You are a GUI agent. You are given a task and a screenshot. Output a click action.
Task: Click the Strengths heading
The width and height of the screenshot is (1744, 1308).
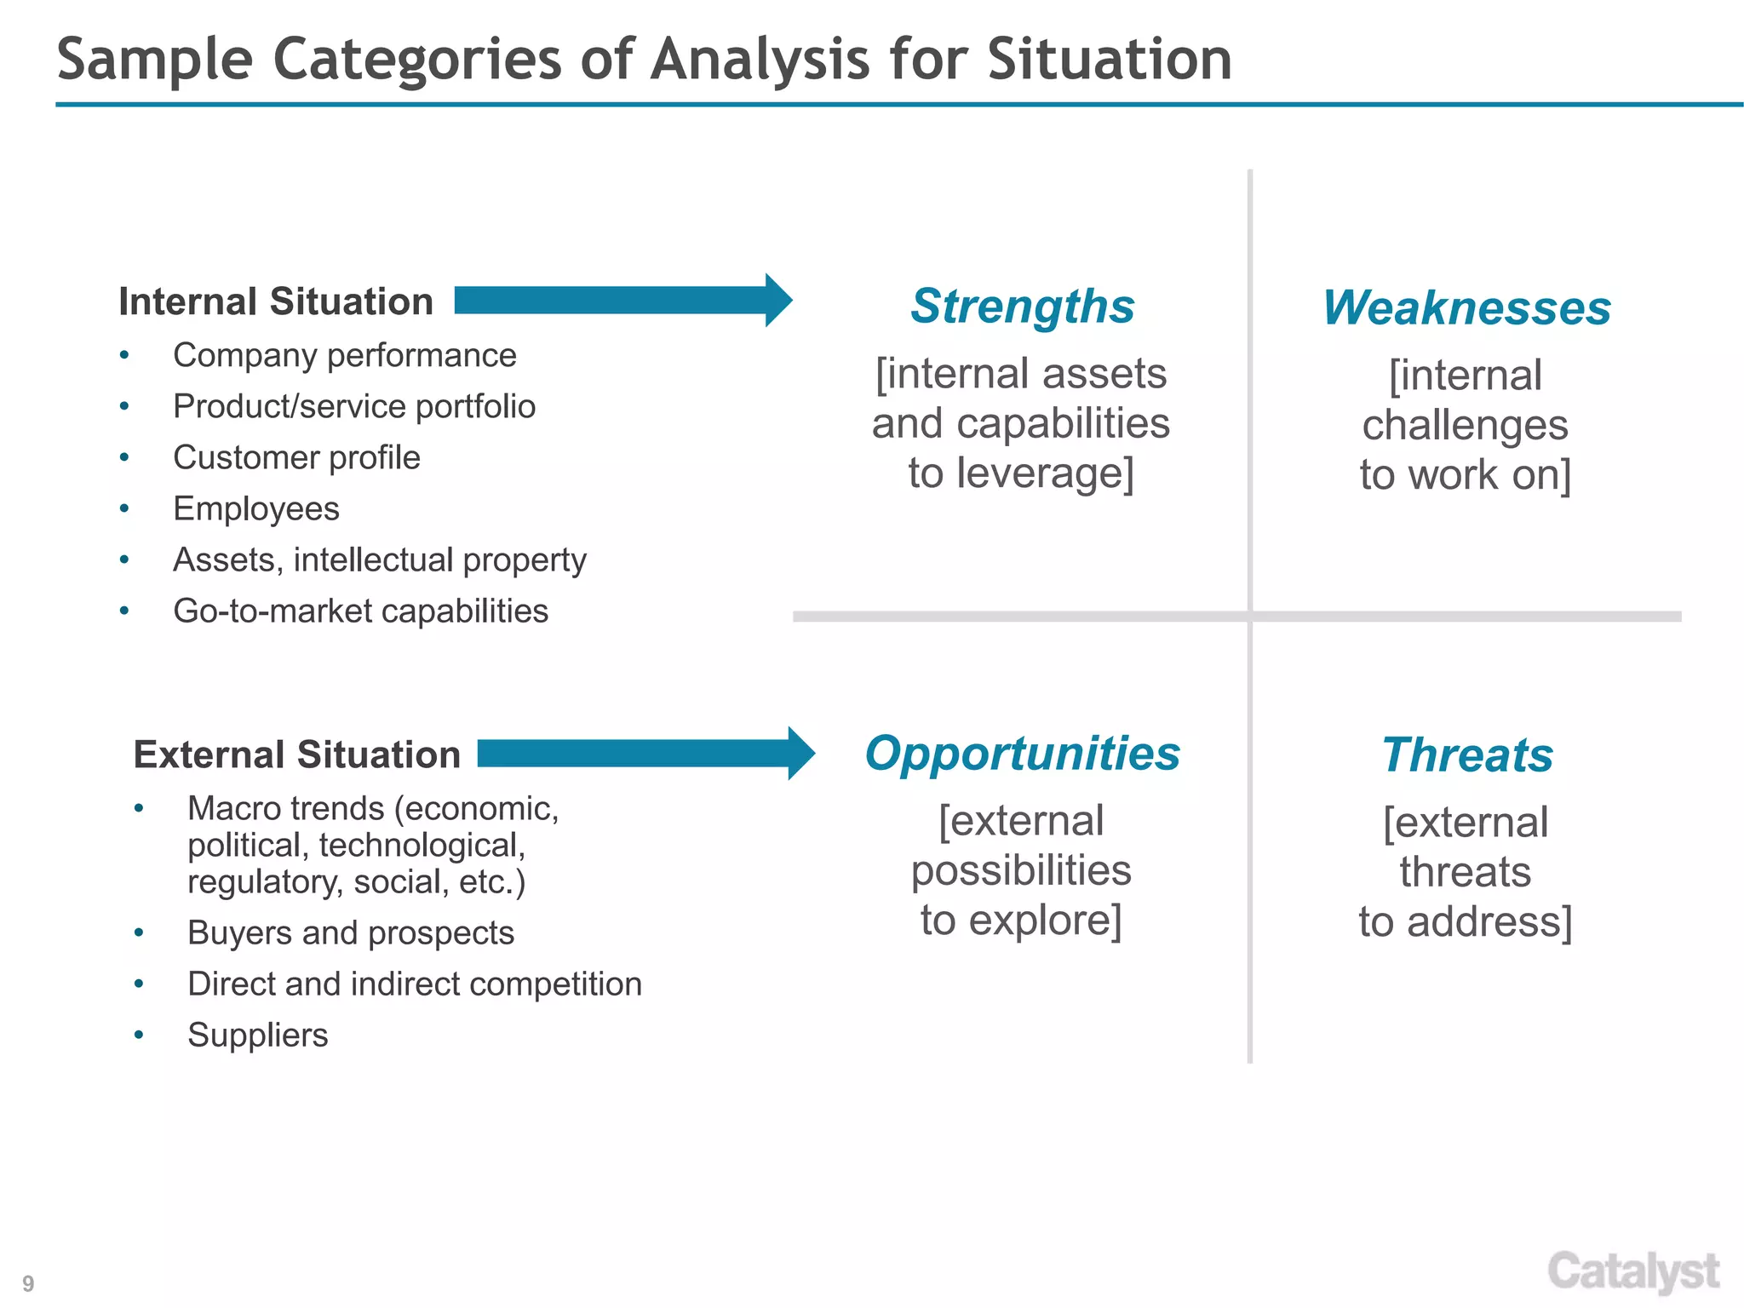point(1022,307)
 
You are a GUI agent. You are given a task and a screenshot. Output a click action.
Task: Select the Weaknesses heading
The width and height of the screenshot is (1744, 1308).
point(1466,308)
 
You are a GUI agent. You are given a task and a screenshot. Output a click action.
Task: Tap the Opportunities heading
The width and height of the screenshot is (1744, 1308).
point(1022,754)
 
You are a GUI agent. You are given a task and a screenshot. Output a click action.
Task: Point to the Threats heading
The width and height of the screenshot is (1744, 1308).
point(1466,756)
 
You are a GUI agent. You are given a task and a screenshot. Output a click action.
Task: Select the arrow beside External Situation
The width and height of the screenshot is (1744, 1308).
point(645,754)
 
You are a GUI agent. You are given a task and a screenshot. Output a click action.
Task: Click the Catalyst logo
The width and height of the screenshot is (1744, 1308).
point(1633,1272)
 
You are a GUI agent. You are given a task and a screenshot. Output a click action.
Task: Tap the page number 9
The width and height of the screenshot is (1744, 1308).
point(28,1283)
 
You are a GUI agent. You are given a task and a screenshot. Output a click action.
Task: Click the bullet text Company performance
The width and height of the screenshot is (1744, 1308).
point(344,356)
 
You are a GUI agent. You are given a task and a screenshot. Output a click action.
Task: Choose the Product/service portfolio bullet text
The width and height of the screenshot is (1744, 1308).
point(354,407)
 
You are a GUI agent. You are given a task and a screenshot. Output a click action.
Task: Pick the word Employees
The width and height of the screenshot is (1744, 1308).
point(255,509)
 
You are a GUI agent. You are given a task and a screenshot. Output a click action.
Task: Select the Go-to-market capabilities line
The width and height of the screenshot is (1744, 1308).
point(360,611)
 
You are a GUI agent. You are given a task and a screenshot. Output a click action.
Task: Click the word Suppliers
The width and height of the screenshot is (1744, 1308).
point(257,1035)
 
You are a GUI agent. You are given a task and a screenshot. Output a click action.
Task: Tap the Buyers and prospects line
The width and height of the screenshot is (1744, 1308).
point(350,933)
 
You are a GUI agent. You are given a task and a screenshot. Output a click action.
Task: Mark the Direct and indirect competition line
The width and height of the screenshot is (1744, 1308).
point(414,984)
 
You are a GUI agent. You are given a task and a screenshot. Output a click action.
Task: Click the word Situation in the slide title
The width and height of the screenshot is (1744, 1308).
point(1109,60)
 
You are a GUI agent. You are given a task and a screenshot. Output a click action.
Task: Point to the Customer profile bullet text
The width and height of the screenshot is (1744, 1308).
point(296,458)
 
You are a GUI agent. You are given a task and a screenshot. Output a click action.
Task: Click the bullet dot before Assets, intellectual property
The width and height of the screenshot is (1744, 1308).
point(124,560)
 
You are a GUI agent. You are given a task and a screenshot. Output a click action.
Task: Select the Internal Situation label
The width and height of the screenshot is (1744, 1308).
point(276,301)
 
